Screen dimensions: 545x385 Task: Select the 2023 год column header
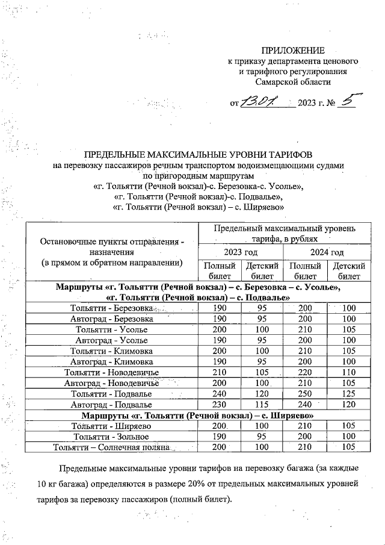click(x=241, y=252)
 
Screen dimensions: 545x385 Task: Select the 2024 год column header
click(x=326, y=252)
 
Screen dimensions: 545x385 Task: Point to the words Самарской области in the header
click(x=292, y=82)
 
